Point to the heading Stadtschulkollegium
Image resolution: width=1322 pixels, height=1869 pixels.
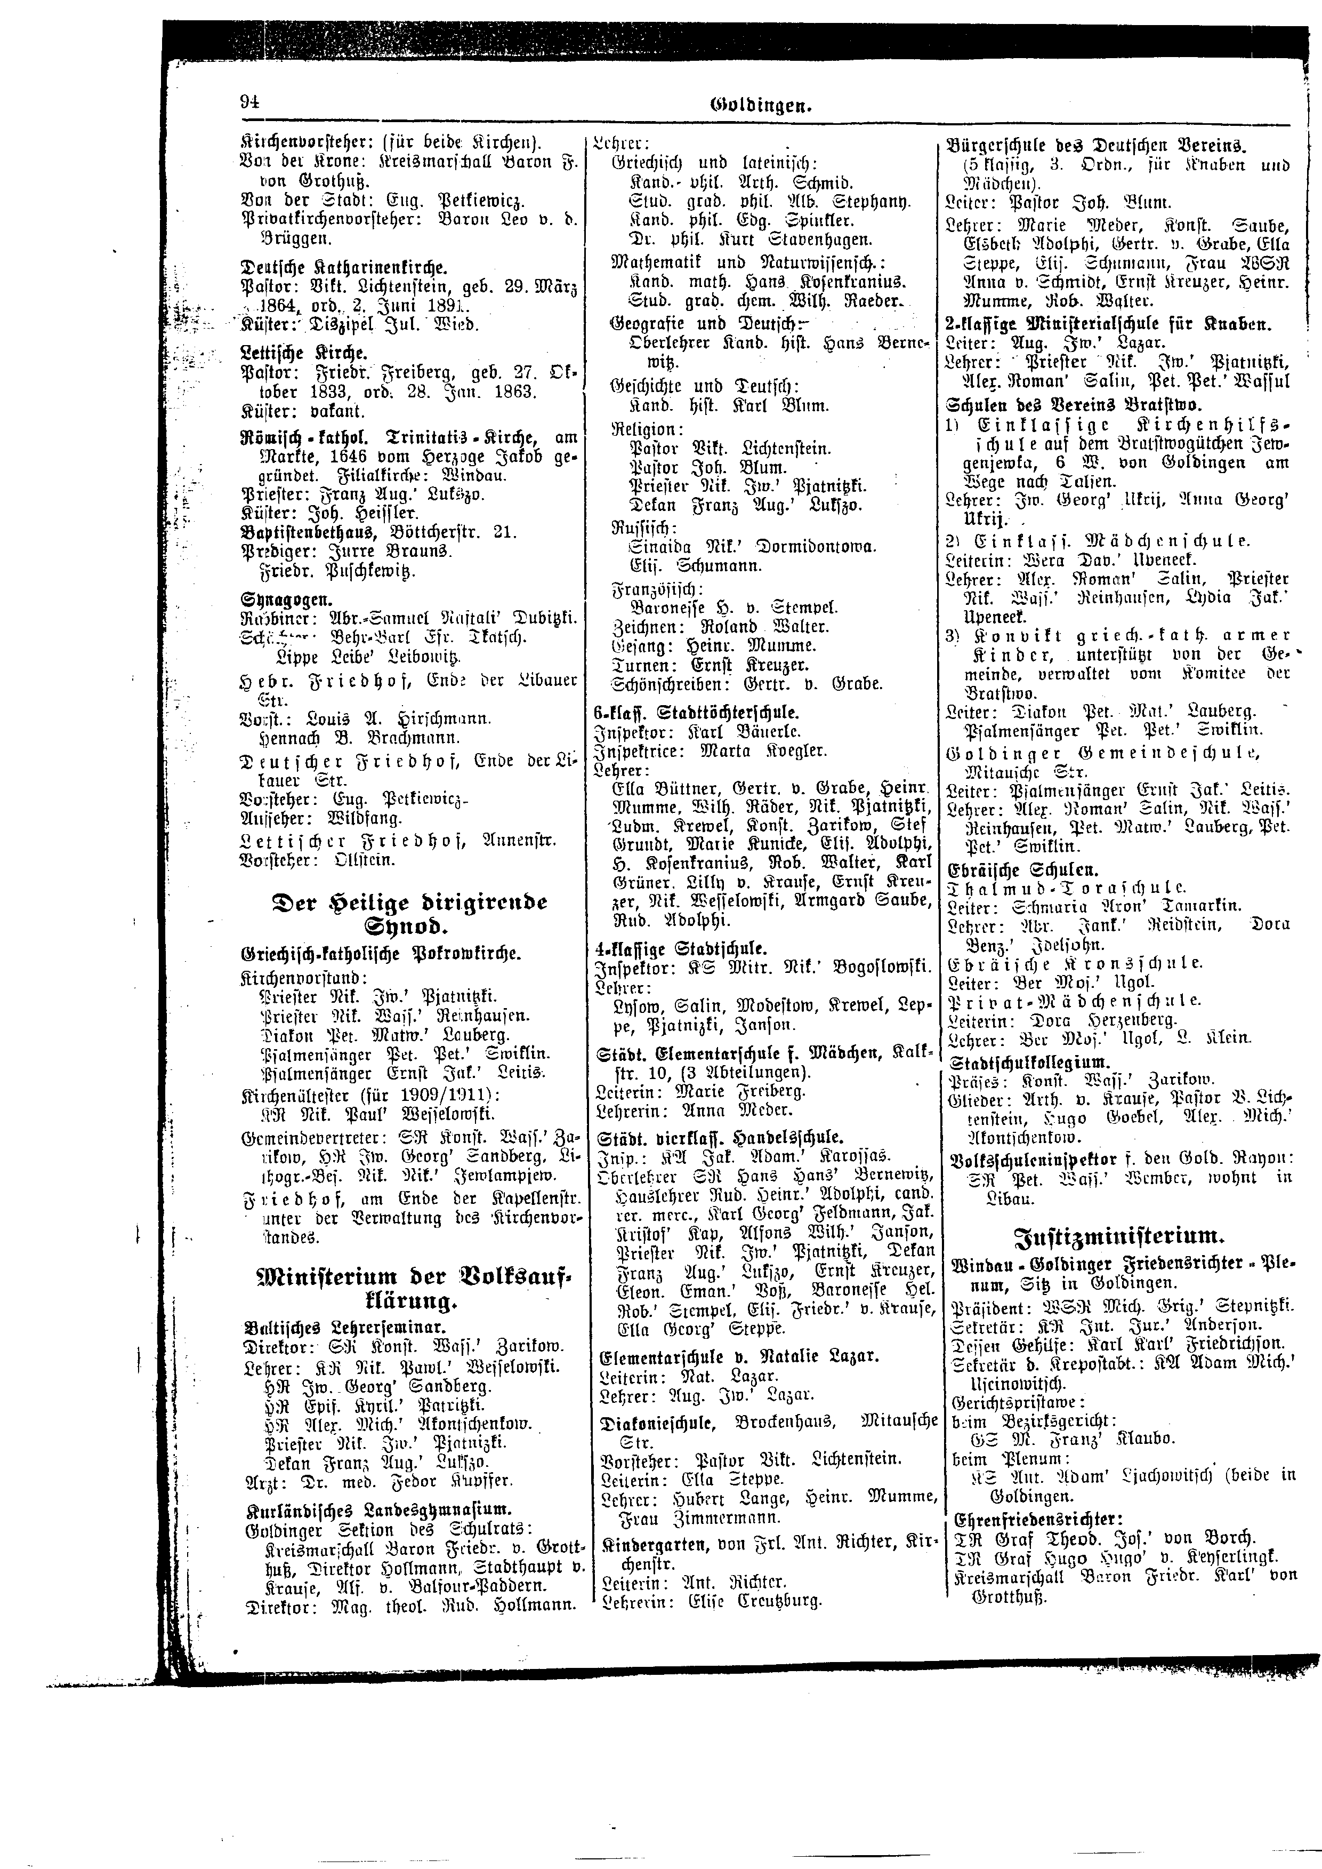(x=1029, y=1062)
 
